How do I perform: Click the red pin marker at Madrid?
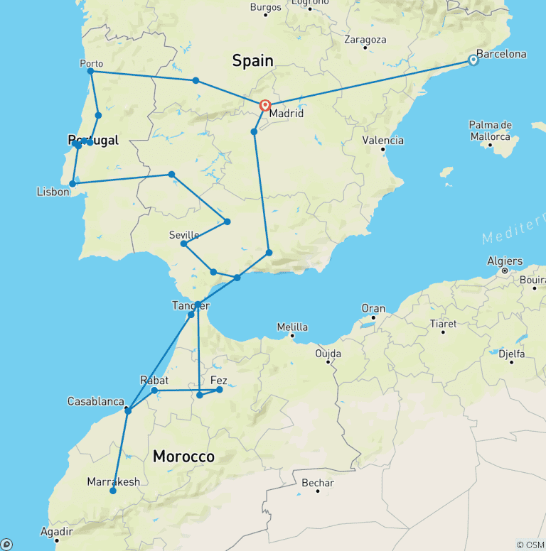265,106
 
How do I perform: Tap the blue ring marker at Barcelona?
473,60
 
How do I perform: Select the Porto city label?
91,63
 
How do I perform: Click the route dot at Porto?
90,72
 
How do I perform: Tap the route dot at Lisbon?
73,183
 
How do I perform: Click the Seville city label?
184,235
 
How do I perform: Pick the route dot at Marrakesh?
113,491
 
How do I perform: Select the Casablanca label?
96,401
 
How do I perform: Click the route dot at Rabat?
154,390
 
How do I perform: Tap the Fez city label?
218,381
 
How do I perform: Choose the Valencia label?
383,141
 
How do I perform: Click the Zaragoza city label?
365,40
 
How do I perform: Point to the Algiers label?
505,261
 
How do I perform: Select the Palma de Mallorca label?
490,131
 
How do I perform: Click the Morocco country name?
183,457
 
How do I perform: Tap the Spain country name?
252,61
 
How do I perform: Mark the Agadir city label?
56,531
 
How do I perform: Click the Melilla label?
292,327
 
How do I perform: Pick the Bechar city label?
318,483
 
